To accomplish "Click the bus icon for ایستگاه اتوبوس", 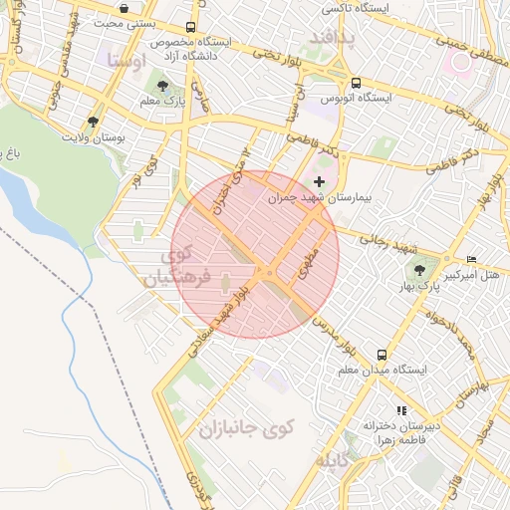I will (357, 83).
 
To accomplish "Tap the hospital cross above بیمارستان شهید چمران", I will (319, 181).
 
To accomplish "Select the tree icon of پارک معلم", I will (162, 86).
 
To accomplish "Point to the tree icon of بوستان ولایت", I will (93, 122).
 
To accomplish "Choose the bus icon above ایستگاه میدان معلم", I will (382, 355).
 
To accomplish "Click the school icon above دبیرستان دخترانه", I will (402, 409).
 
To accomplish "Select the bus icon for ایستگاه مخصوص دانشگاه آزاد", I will (190, 29).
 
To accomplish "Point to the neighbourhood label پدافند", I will (318, 37).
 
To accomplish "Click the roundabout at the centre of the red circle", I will (269, 273).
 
